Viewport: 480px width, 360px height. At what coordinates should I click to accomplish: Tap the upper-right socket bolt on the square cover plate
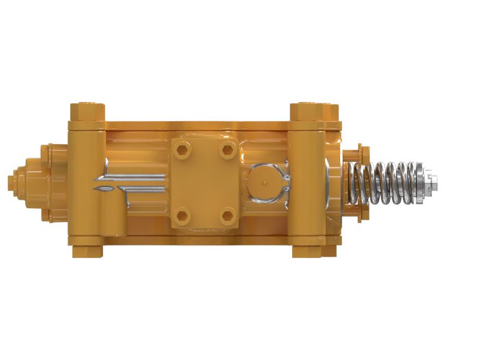click(x=226, y=148)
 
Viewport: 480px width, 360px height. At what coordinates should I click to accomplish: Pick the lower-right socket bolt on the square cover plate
click(x=226, y=215)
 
